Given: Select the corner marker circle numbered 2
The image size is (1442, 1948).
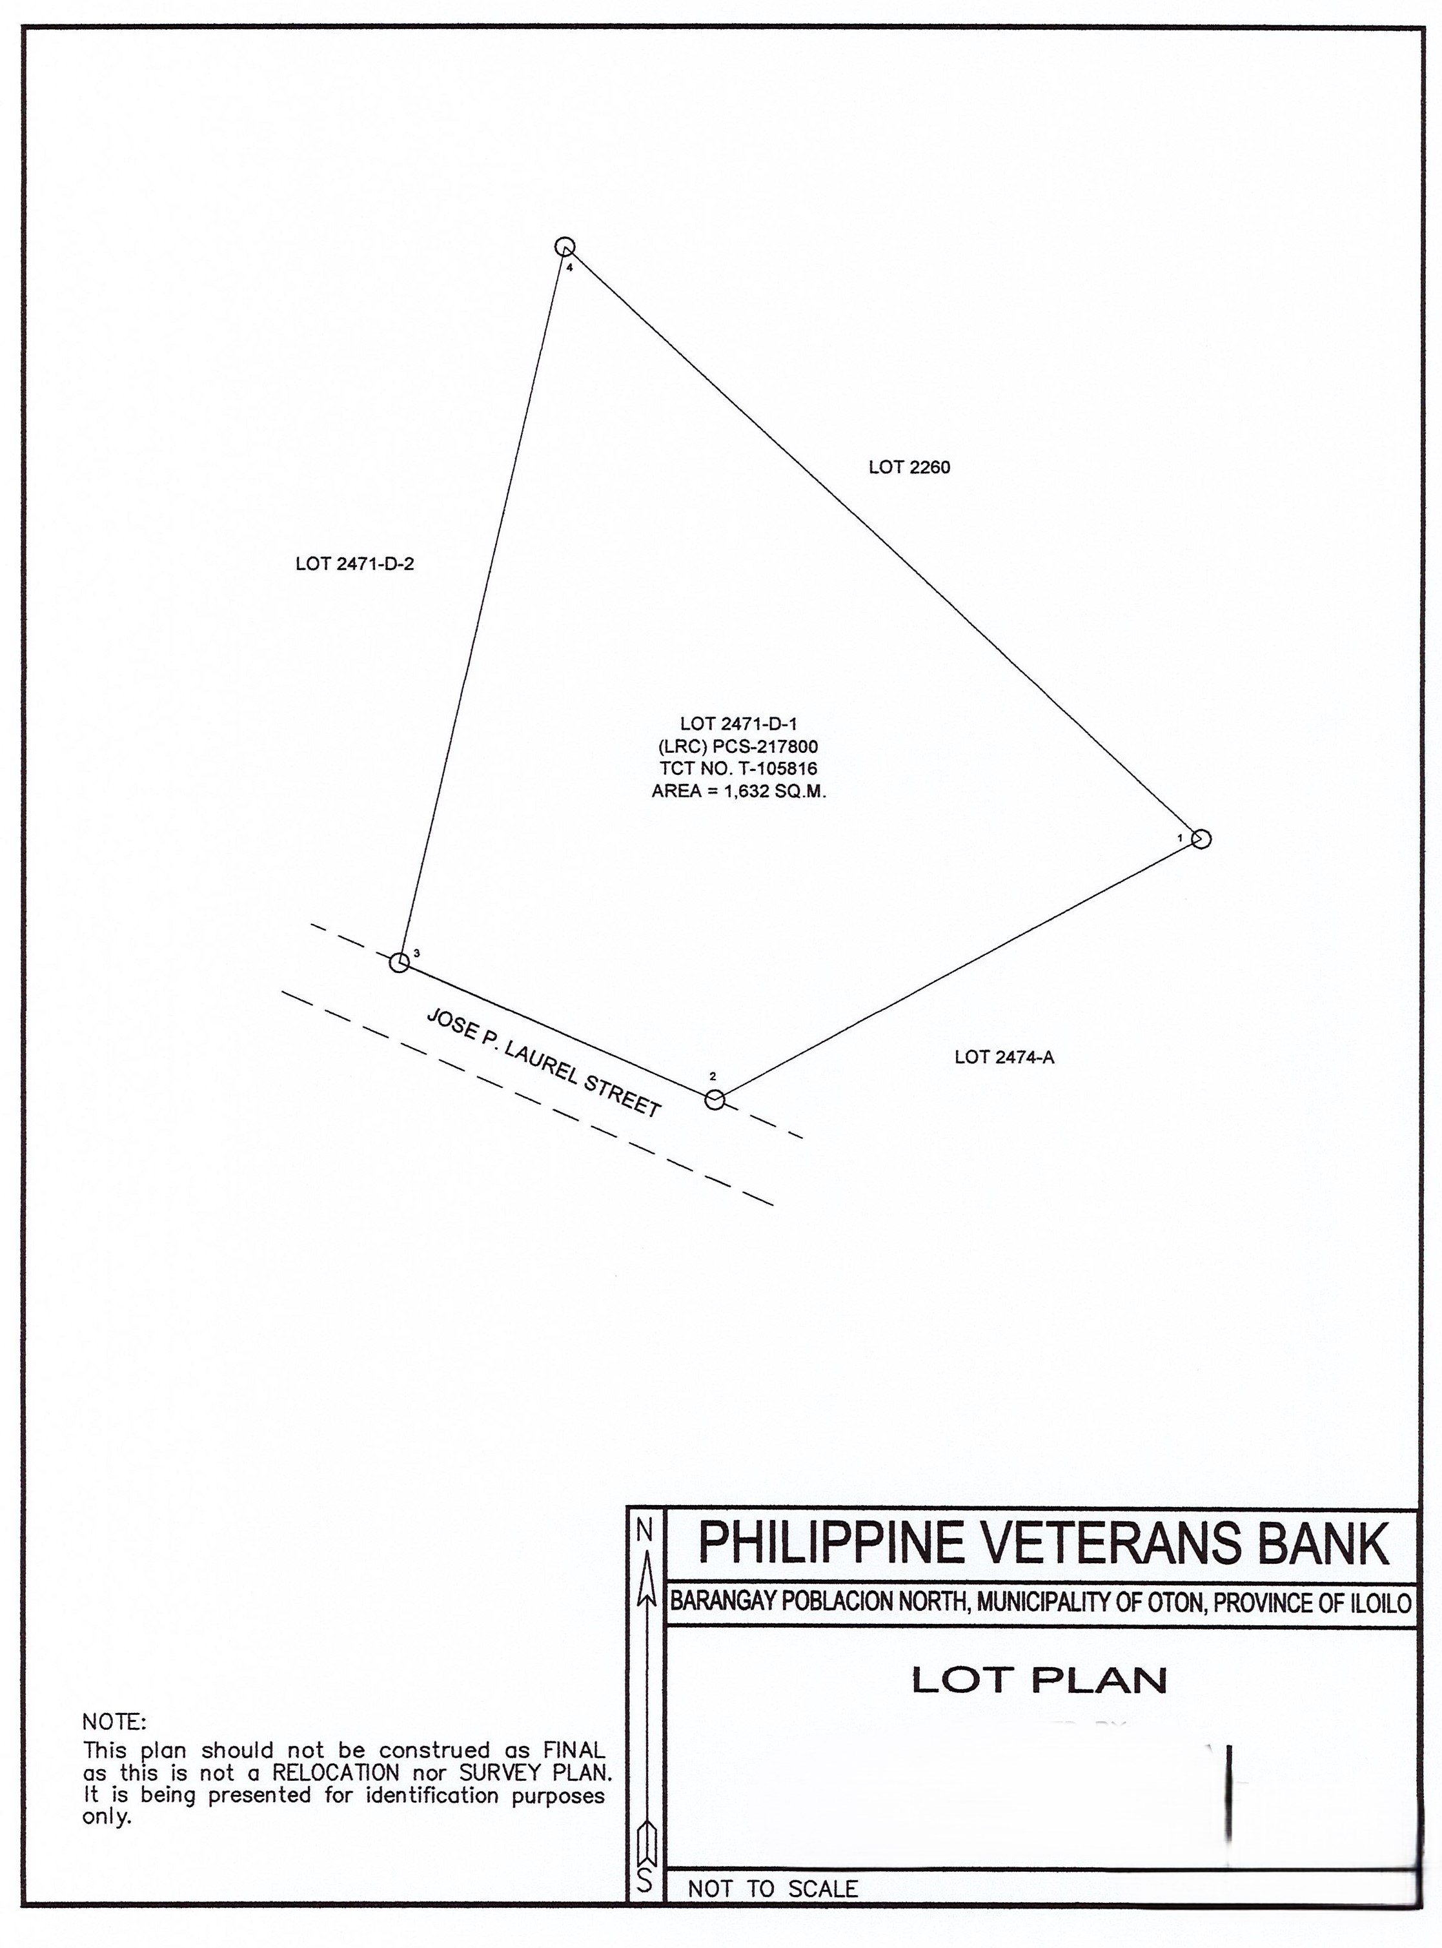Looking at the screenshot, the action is [715, 1100].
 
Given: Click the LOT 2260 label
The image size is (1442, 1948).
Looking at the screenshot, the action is [909, 467].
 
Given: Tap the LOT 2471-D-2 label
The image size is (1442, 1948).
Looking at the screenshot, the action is [355, 564].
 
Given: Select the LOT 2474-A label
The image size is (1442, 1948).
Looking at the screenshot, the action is [1004, 1058].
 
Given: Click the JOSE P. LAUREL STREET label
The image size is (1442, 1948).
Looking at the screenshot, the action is [543, 1063].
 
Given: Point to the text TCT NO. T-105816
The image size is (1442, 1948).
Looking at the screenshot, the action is [738, 769].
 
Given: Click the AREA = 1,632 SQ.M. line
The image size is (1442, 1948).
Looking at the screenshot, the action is [738, 792].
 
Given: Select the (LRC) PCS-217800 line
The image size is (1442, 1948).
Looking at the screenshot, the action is [738, 746].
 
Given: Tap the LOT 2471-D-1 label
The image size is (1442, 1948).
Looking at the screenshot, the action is [738, 724].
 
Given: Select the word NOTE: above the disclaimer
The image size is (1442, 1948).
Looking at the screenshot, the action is [114, 1723].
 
